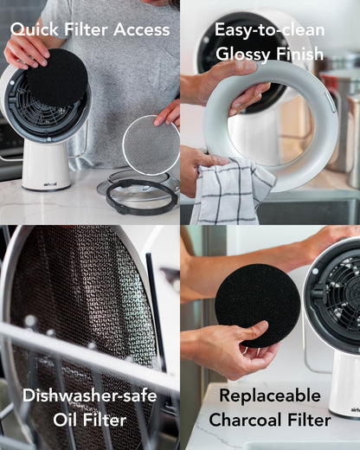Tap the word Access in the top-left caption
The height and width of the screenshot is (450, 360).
point(142,29)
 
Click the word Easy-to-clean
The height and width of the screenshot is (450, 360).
point(270,30)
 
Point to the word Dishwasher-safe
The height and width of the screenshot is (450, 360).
point(90,395)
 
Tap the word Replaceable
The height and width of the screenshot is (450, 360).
point(270,395)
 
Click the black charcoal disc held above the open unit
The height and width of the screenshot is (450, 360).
point(58,77)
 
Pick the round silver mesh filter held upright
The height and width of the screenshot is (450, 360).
point(151,145)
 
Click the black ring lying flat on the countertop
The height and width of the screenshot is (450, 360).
point(141,196)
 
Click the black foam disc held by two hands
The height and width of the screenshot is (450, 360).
point(258,305)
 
